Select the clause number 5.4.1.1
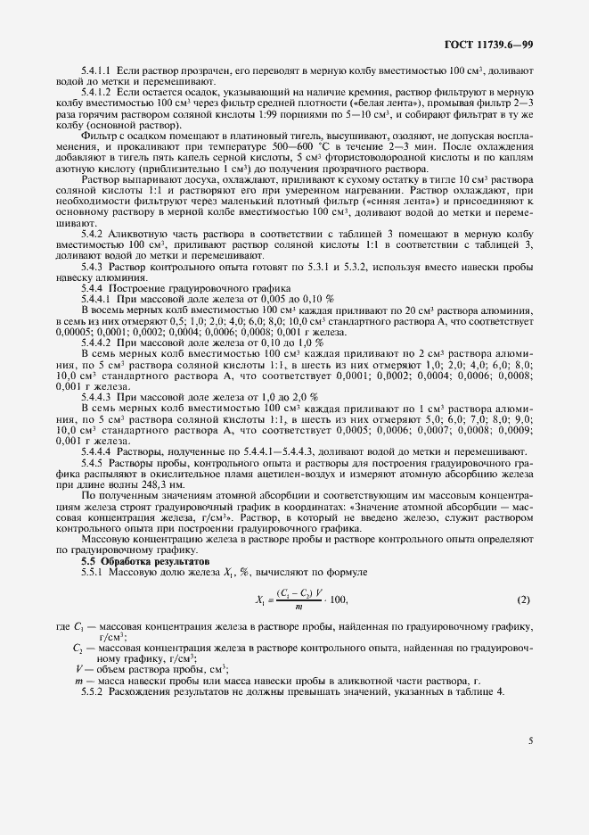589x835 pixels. point(96,69)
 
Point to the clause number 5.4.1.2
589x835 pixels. point(96,92)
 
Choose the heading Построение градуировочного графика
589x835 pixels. point(199,288)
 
